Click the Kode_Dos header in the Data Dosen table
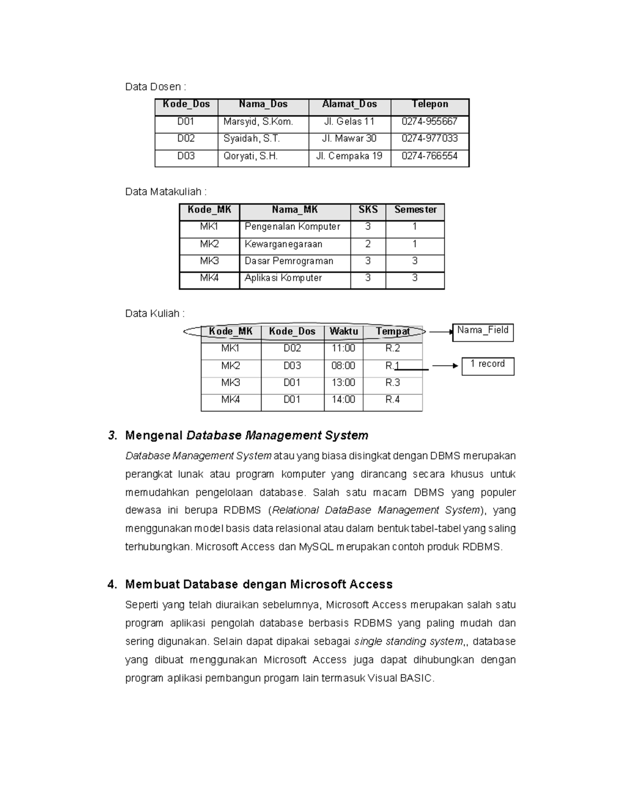tap(186, 104)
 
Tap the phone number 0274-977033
tap(429, 139)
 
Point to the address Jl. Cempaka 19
tap(349, 156)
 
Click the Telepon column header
tap(429, 104)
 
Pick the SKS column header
tap(368, 210)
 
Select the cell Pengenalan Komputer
tap(292, 227)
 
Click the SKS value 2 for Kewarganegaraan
tap(368, 244)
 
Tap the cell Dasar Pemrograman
tap(289, 261)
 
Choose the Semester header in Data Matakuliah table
tap(415, 210)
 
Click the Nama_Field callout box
tap(482, 332)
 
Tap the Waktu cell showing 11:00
tap(343, 348)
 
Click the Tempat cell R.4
tap(392, 400)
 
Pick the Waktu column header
tap(343, 332)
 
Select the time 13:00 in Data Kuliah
tap(343, 382)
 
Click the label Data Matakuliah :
tap(166, 192)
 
